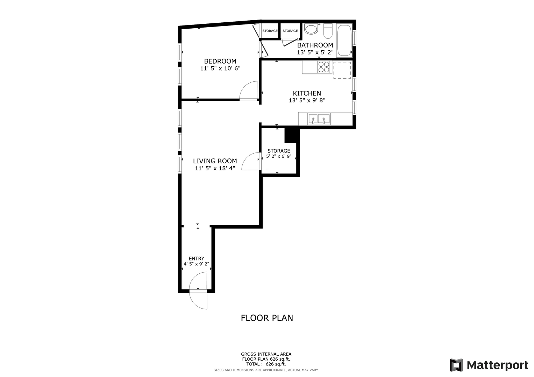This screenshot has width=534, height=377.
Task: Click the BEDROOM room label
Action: [x=220, y=61]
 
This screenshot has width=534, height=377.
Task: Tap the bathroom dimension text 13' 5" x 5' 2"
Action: [x=315, y=52]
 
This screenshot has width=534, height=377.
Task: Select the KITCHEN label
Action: [x=307, y=93]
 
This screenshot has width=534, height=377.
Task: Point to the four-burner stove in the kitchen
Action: [x=324, y=67]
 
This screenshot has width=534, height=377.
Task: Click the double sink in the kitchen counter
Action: [x=319, y=119]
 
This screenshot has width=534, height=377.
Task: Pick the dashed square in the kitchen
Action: [x=342, y=70]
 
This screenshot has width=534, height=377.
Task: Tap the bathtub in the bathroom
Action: [x=344, y=40]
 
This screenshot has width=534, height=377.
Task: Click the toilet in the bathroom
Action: [x=328, y=31]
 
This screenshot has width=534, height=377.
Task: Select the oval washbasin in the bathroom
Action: [x=311, y=30]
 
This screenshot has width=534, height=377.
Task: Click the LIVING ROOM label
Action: [x=215, y=161]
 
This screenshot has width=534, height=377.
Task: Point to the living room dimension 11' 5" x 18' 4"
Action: [x=215, y=168]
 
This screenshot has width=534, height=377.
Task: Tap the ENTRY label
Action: [x=197, y=258]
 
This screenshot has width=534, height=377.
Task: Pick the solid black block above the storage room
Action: [x=291, y=135]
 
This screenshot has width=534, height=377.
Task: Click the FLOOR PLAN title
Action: [x=267, y=318]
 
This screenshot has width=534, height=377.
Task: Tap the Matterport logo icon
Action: [x=456, y=365]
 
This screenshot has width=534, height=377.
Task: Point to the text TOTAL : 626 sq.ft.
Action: [x=266, y=364]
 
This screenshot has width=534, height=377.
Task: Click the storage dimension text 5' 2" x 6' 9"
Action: [x=279, y=156]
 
